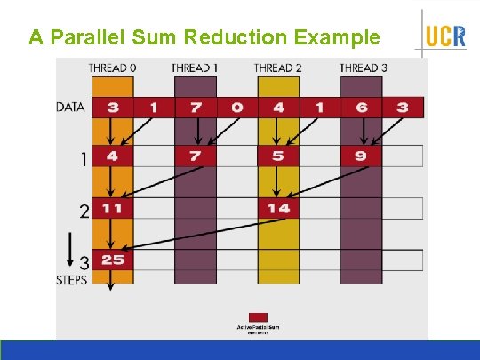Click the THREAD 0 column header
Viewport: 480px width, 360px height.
pyautogui.click(x=112, y=68)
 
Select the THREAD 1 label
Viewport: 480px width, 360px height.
pyautogui.click(x=195, y=68)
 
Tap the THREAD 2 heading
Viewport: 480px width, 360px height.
pyautogui.click(x=278, y=68)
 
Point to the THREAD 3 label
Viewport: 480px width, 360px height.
pyautogui.click(x=363, y=68)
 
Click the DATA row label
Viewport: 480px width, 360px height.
pyautogui.click(x=71, y=108)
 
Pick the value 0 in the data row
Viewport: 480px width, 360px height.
pyautogui.click(x=236, y=108)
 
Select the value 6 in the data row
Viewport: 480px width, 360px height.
pyautogui.click(x=362, y=108)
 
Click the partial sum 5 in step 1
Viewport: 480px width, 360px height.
pyautogui.click(x=278, y=156)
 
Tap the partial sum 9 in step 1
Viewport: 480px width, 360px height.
pyautogui.click(x=362, y=156)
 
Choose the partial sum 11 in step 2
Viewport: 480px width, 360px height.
pyautogui.click(x=112, y=208)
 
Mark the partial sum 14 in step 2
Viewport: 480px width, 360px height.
pyautogui.click(x=278, y=208)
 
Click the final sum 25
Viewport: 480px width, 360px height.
pyautogui.click(x=112, y=260)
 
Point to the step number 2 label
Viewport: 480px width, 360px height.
pyautogui.click(x=84, y=212)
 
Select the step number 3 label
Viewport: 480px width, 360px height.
pyautogui.click(x=84, y=263)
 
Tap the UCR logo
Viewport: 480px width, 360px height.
pyautogui.click(x=444, y=36)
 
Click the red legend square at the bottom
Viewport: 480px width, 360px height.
pyautogui.click(x=257, y=316)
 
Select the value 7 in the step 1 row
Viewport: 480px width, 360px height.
pyautogui.click(x=195, y=156)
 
